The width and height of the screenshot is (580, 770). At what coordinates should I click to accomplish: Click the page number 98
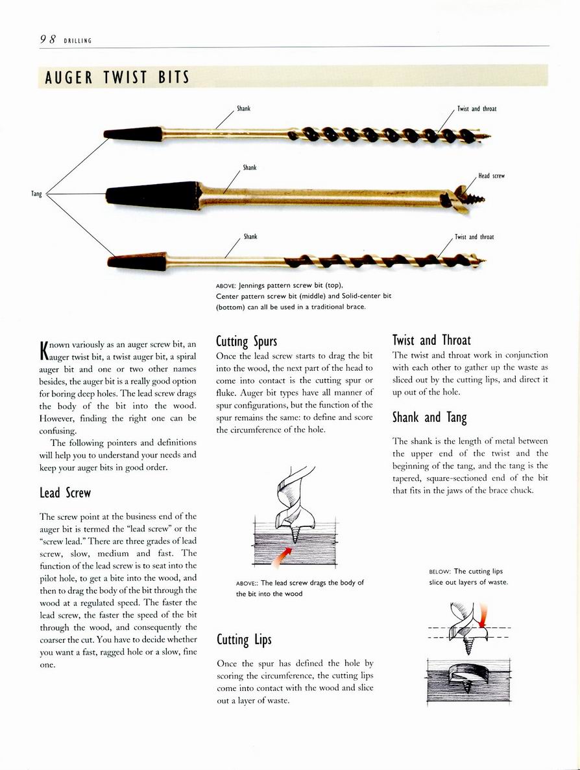pyautogui.click(x=47, y=39)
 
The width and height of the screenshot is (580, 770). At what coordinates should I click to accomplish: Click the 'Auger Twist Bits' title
pyautogui.click(x=117, y=78)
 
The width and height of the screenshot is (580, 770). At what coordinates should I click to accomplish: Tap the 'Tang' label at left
pyautogui.click(x=36, y=194)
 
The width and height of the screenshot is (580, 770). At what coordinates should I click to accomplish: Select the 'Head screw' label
pyautogui.click(x=491, y=176)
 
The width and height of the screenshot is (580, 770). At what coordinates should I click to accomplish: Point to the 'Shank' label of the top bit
pyautogui.click(x=244, y=108)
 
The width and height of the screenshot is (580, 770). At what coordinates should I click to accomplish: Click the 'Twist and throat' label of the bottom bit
pyautogui.click(x=474, y=237)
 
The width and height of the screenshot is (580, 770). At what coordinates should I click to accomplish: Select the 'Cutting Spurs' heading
pyautogui.click(x=247, y=342)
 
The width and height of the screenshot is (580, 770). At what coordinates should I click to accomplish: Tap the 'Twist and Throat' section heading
pyautogui.click(x=431, y=340)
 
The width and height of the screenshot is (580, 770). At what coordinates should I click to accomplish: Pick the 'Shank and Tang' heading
pyautogui.click(x=429, y=417)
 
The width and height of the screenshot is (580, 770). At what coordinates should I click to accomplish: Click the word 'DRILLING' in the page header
pyautogui.click(x=78, y=41)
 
